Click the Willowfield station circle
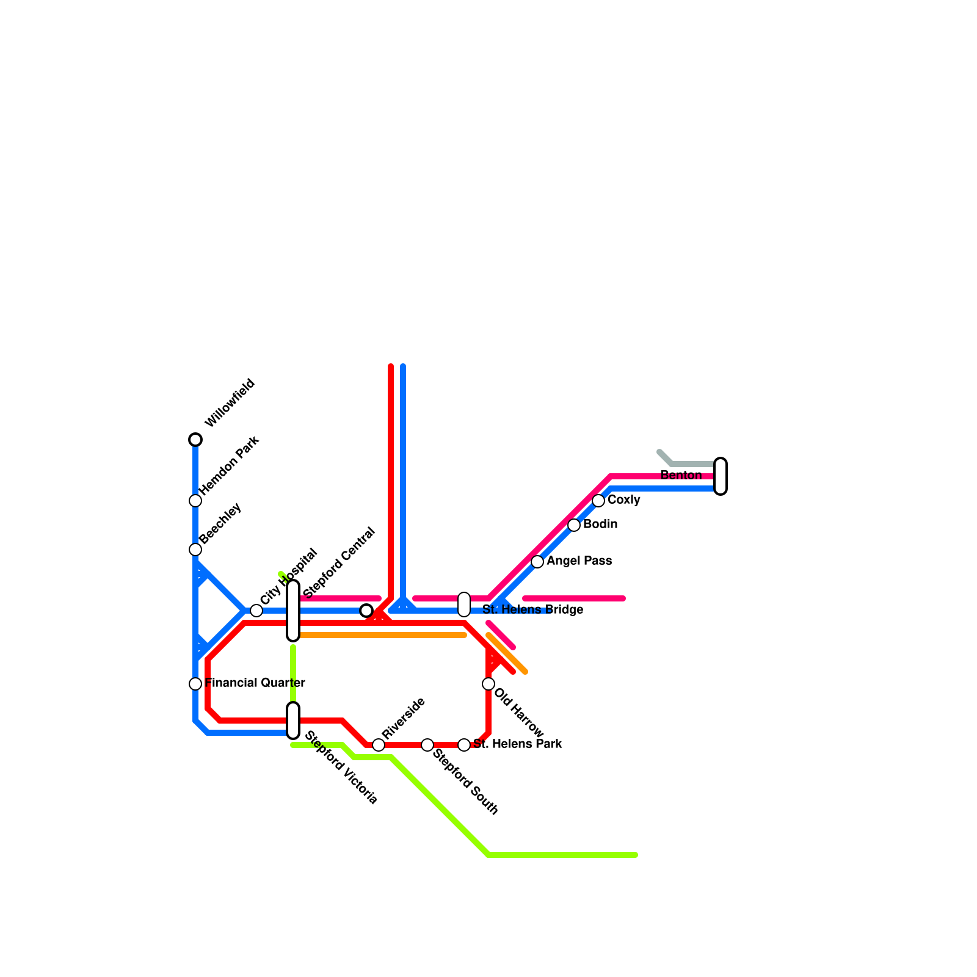(x=195, y=440)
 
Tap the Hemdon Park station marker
(x=195, y=501)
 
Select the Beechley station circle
(x=195, y=550)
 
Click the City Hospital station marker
(x=256, y=611)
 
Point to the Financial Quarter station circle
(x=195, y=684)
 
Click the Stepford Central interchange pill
(x=293, y=611)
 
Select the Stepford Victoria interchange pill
(x=293, y=721)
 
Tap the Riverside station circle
(x=379, y=745)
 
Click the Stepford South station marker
(x=427, y=745)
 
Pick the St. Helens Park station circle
(x=464, y=745)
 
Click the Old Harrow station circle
(x=488, y=684)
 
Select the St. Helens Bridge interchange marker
(x=464, y=605)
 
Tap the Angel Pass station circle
(x=537, y=562)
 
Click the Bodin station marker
(x=574, y=525)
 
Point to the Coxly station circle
(x=598, y=501)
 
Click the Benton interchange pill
(x=721, y=476)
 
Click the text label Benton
(x=681, y=475)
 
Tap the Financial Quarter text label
(x=255, y=683)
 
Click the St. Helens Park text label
(x=517, y=744)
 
